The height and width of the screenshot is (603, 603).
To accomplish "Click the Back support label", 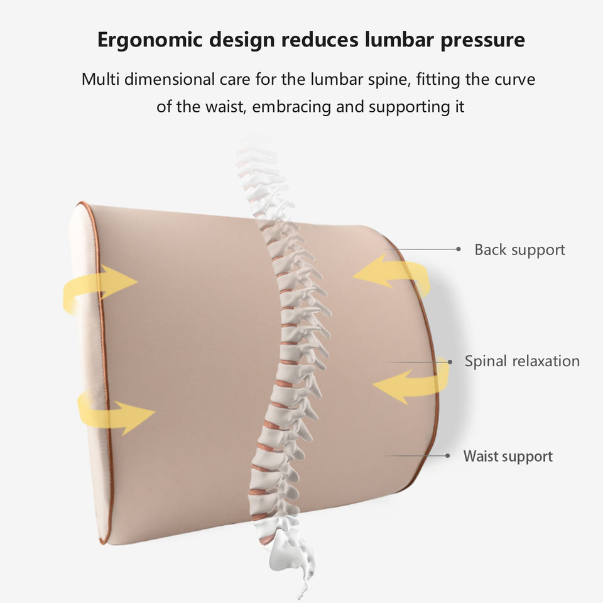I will pos(519,249).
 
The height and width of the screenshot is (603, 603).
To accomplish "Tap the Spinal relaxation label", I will pos(522,361).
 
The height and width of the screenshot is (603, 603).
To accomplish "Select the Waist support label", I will pos(508,456).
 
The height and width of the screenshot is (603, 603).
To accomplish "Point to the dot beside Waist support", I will pos(448,456).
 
